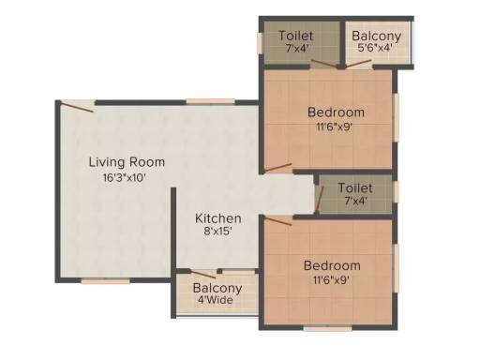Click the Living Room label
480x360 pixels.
tap(127, 162)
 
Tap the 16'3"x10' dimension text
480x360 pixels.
tap(125, 178)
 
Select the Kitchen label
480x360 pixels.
tap(218, 218)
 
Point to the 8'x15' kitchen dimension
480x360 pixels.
tap(217, 232)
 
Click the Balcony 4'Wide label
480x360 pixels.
tap(217, 293)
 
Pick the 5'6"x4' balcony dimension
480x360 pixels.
tap(375, 48)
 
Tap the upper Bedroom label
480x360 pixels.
tap(336, 112)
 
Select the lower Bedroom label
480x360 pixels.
tap(332, 265)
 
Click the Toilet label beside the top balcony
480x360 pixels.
tap(295, 36)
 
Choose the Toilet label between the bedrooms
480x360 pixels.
tap(355, 187)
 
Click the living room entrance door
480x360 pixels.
tap(77, 106)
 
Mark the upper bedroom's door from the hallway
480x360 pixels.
tap(278, 168)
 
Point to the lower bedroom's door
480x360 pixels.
tap(278, 220)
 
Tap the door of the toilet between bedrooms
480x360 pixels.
tap(320, 200)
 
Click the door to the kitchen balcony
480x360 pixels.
tap(203, 275)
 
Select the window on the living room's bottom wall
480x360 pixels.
tap(106, 281)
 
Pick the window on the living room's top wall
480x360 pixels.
tap(211, 101)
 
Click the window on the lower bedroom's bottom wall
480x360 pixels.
tap(327, 328)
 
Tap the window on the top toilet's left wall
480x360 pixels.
tap(260, 43)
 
